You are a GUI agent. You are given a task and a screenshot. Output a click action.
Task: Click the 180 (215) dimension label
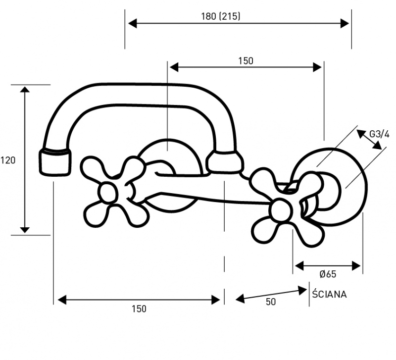pyautogui.click(x=221, y=16)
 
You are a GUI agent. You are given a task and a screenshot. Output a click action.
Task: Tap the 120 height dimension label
pyautogui.click(x=8, y=160)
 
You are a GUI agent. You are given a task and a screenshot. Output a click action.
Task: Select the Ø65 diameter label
pyautogui.click(x=328, y=274)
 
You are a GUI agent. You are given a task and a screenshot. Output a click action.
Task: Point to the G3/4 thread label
pyautogui.click(x=379, y=134)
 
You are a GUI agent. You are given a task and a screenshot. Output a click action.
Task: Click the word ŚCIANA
pyautogui.click(x=329, y=294)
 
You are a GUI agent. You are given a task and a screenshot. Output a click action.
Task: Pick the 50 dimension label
pyautogui.click(x=271, y=302)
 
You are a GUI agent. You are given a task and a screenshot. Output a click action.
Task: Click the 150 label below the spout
pyautogui.click(x=139, y=309)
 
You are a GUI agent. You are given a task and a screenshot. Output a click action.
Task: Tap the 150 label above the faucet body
pyautogui.click(x=246, y=61)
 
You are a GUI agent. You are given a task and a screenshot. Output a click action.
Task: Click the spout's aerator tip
pyautogui.click(x=55, y=162)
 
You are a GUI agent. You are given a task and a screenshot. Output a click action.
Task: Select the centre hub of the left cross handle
pyautogui.click(x=109, y=193)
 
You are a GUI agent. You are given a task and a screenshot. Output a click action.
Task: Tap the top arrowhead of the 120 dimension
pyautogui.click(x=25, y=90)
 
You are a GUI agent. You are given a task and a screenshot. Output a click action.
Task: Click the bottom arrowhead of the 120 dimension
pyautogui.click(x=25, y=230)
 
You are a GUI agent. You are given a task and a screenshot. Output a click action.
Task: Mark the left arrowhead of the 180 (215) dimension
pyautogui.click(x=133, y=23)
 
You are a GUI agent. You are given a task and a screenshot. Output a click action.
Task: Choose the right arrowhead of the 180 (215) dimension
pyautogui.click(x=345, y=23)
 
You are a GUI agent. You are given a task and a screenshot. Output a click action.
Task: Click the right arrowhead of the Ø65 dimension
pyautogui.click(x=356, y=266)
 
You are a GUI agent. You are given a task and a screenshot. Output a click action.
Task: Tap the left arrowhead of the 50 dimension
pyautogui.click(x=240, y=299)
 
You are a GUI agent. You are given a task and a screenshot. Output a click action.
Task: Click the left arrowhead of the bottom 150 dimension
pyautogui.click(x=62, y=300)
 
